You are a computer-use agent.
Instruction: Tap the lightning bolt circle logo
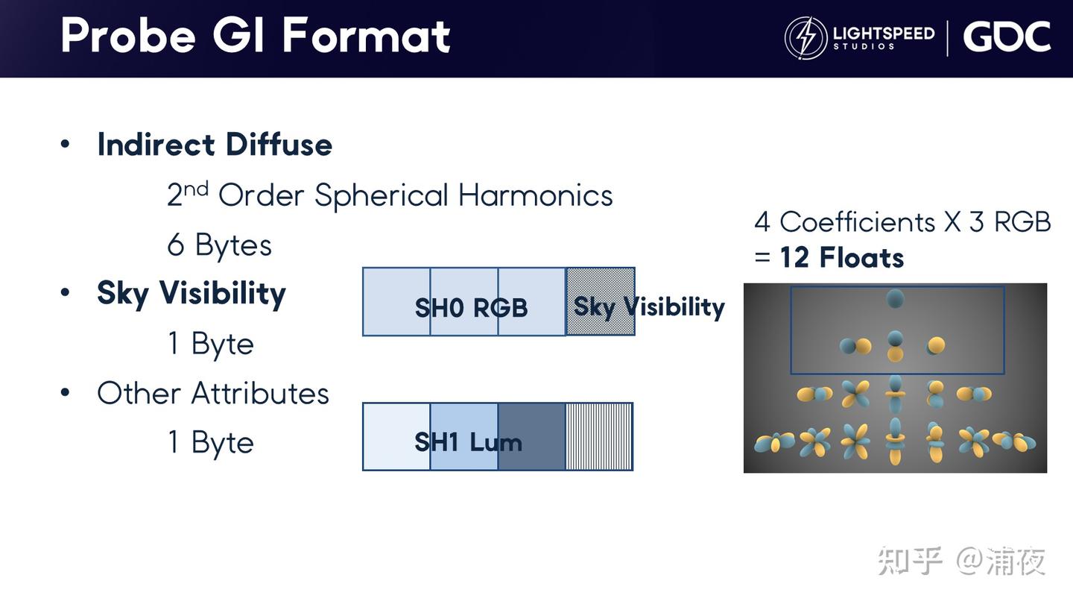pos(805,38)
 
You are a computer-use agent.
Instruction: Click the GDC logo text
pos(1007,37)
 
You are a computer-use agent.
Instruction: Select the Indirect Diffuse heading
pos(215,145)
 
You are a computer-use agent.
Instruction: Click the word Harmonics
pos(536,195)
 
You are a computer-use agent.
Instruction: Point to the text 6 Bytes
pos(219,245)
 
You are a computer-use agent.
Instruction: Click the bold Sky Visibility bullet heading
pos(191,293)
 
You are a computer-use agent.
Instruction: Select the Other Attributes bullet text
pos(213,393)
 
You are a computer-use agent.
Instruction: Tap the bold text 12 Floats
pos(842,257)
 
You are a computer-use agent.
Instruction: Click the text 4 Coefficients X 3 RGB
pos(902,222)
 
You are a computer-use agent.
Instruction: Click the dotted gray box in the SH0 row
pos(601,301)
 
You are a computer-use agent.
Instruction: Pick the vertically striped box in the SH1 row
pos(599,437)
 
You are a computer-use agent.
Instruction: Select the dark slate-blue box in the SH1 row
pos(532,437)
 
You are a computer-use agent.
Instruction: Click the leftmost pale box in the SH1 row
pos(396,437)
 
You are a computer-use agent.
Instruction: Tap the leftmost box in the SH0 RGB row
pos(396,301)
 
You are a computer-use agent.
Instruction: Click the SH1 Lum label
pos(468,442)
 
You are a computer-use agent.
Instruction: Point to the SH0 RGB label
pos(472,307)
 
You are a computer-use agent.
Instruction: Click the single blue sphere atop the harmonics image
pos(895,298)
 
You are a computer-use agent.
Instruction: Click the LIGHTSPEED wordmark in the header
pos(884,33)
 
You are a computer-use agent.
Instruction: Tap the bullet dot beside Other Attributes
pos(65,392)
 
